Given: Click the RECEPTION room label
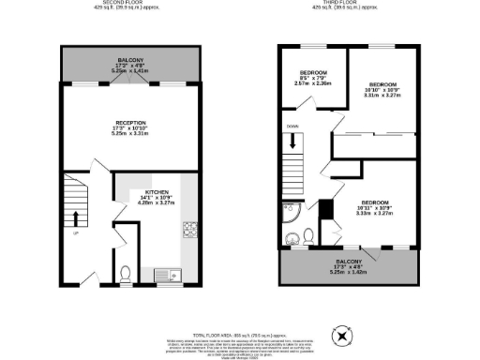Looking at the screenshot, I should click(131, 122).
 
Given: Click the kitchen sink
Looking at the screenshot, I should click(175, 275).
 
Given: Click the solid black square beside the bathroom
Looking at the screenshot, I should click(326, 209).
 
